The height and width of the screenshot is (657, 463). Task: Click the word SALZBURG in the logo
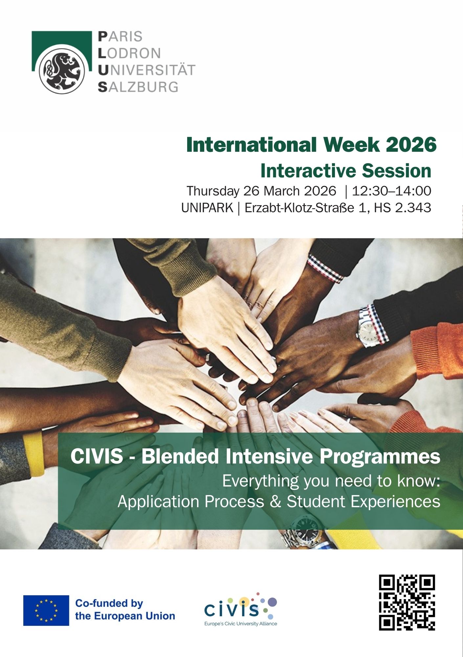coord(138,87)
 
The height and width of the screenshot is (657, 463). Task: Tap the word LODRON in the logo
coord(129,53)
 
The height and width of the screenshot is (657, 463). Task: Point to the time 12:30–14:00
coord(391,191)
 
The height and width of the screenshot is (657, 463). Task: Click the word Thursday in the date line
coord(213,191)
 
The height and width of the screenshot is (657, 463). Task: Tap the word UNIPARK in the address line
coord(207,208)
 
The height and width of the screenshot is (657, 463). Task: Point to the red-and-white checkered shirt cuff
coord(325,268)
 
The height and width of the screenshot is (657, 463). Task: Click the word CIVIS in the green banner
coord(97,456)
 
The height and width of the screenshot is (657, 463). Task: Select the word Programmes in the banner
coord(380,457)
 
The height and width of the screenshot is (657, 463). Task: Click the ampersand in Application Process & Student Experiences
coord(276,502)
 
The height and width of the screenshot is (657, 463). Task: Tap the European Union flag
coord(46,610)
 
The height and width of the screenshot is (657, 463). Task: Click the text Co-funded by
coord(109,603)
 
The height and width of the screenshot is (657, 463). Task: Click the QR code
coord(407,602)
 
